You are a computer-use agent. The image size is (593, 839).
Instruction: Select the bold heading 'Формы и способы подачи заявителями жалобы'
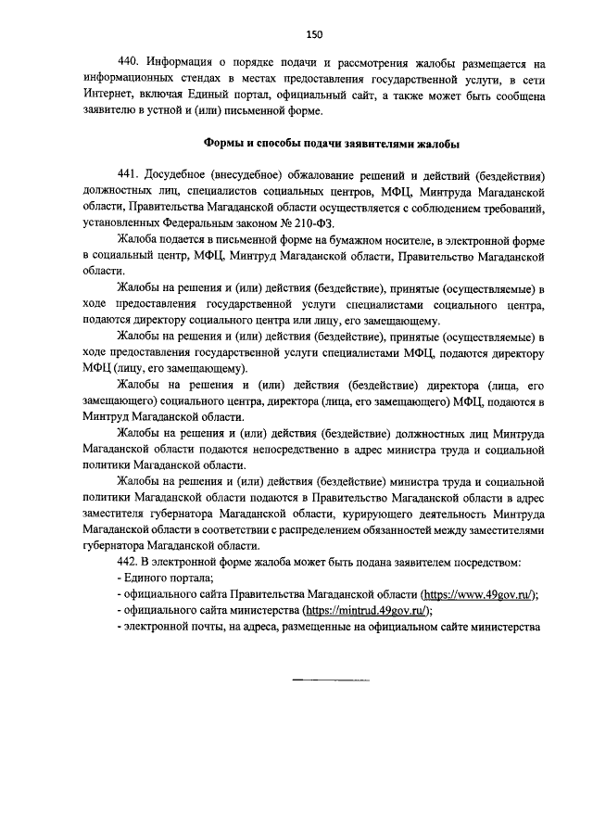(x=331, y=144)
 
